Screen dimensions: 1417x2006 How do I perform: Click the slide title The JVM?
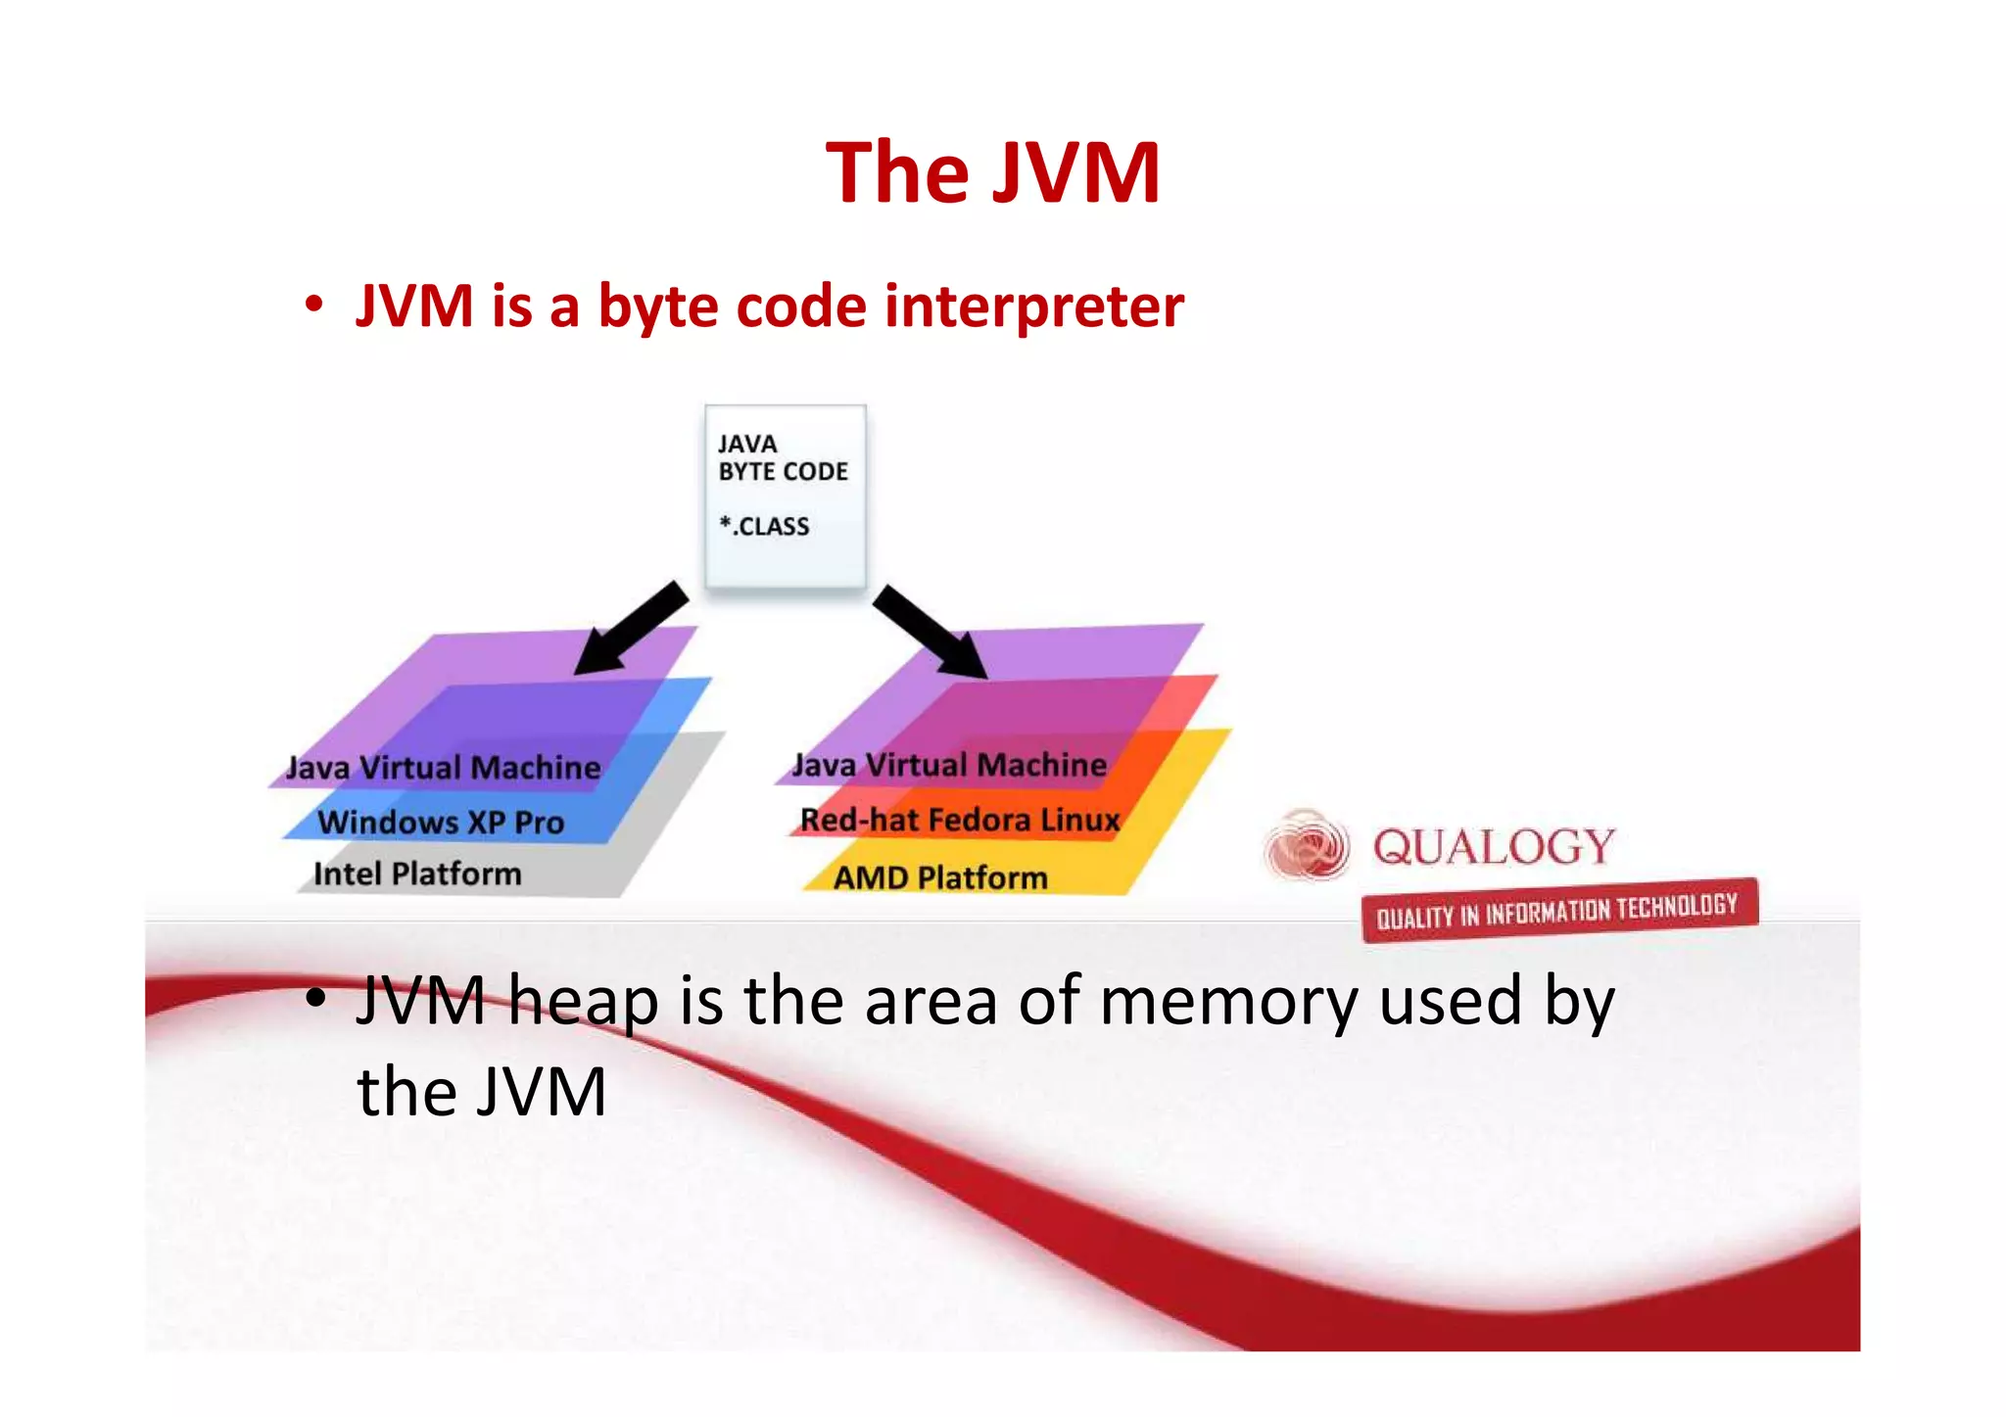[x=992, y=173]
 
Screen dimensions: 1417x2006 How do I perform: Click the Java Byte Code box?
[x=785, y=496]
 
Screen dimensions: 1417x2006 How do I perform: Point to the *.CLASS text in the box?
[x=764, y=527]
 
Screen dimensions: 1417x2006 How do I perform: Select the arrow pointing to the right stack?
[x=931, y=632]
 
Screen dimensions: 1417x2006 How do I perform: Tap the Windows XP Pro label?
[x=441, y=822]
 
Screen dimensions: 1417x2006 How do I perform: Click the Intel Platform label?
[x=417, y=874]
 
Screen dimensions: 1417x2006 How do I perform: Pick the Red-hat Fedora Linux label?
[x=960, y=820]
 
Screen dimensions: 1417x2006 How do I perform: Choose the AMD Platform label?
[x=940, y=877]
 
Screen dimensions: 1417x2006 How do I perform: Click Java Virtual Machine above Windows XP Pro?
[x=443, y=768]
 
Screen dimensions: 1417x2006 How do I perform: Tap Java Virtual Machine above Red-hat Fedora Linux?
[x=949, y=765]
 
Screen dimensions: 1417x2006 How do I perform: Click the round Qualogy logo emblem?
[x=1306, y=845]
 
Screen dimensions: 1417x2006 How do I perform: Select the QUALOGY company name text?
[x=1494, y=847]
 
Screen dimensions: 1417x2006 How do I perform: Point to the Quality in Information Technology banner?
[x=1558, y=910]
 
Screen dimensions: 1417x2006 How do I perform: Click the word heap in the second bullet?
[x=583, y=1002]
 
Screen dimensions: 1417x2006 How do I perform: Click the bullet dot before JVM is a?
[x=313, y=305]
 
